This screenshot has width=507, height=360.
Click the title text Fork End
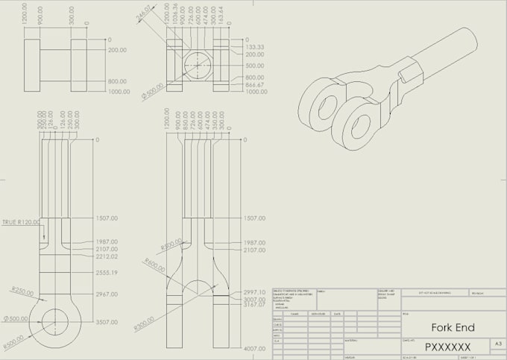[x=447, y=327]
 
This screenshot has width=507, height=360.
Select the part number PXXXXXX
[x=447, y=347]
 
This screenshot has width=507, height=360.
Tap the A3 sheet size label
[x=497, y=344]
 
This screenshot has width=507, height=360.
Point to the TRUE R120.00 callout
[x=21, y=222]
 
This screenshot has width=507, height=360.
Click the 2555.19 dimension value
[x=106, y=274]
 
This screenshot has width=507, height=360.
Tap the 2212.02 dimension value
[x=106, y=257]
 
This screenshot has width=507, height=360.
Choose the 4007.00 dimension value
[x=255, y=348]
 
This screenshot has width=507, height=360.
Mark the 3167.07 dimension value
[x=255, y=305]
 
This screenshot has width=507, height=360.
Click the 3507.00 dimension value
[x=106, y=322]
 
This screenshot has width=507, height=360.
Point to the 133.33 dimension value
[x=255, y=47]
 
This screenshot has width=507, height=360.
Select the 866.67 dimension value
[x=255, y=84]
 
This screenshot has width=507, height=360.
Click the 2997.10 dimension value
[x=255, y=292]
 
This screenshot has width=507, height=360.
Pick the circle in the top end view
[x=198, y=65]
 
